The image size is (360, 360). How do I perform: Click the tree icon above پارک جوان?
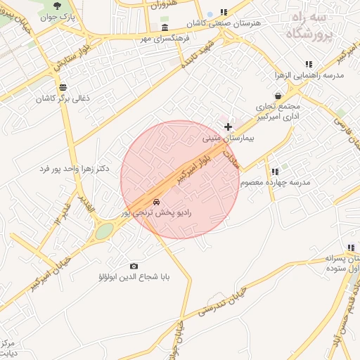(x=56, y=6)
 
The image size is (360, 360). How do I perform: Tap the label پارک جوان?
(x=58, y=16)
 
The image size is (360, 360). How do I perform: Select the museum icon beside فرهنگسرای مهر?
(x=164, y=27)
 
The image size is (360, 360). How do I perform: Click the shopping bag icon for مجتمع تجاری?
(x=279, y=96)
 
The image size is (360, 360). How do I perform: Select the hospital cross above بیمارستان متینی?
(x=228, y=127)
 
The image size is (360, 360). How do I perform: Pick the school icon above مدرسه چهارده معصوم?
(x=274, y=171)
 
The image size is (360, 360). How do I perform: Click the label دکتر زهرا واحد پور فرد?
(x=75, y=170)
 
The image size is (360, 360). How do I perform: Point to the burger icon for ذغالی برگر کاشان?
(x=64, y=87)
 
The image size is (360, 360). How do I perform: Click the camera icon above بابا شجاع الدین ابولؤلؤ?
(x=134, y=266)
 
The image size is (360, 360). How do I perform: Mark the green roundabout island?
(x=104, y=231)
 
